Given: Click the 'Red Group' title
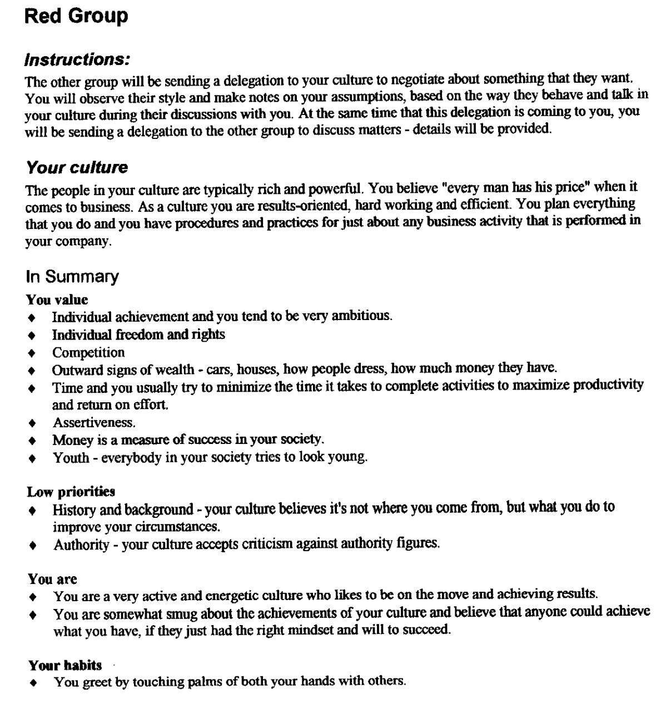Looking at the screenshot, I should (76, 16).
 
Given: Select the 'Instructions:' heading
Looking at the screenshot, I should (77, 59).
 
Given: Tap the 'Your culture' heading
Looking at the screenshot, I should (77, 167).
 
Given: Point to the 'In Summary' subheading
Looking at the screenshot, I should (72, 276).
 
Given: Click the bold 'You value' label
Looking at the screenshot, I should (57, 300).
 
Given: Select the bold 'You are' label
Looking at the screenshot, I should (52, 579).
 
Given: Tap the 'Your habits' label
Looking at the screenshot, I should (65, 665).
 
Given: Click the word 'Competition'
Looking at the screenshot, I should (88, 353).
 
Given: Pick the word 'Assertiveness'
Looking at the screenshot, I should (94, 423).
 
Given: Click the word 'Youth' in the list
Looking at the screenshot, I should (71, 458).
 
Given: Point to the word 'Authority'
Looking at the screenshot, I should (81, 545).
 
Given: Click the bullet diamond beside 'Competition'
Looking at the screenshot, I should (33, 353).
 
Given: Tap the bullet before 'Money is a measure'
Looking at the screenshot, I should (33, 441).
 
